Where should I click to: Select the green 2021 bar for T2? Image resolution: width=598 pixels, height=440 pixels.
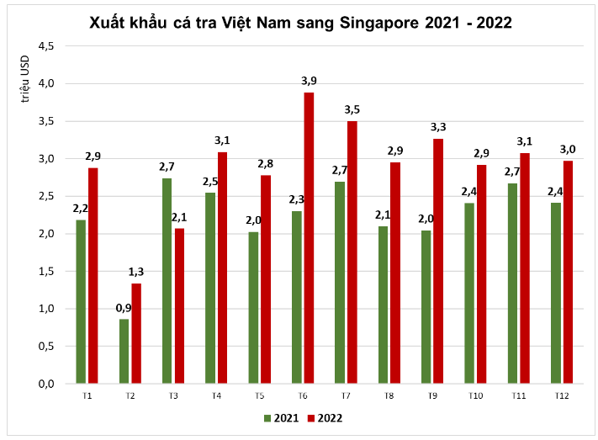(x=124, y=351)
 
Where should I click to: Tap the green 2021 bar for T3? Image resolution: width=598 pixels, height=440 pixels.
(x=167, y=281)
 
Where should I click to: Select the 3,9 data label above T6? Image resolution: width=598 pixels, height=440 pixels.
(x=309, y=81)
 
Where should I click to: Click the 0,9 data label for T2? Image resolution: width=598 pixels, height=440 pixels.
(x=124, y=308)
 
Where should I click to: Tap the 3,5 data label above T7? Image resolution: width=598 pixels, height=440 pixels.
(x=352, y=110)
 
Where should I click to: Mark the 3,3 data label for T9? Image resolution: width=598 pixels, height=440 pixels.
(x=438, y=127)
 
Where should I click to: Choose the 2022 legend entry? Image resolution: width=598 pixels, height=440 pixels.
(x=324, y=417)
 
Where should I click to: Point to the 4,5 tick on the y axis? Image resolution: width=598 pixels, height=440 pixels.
(x=45, y=46)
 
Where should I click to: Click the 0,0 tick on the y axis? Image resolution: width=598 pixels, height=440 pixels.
(x=45, y=384)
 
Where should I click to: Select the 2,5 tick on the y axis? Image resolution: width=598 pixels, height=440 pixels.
(x=45, y=196)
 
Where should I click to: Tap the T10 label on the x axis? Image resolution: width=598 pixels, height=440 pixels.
(x=475, y=395)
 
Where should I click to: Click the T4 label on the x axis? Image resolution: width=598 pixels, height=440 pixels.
(x=216, y=395)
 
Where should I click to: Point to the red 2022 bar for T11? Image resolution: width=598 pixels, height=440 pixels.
(x=525, y=268)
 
